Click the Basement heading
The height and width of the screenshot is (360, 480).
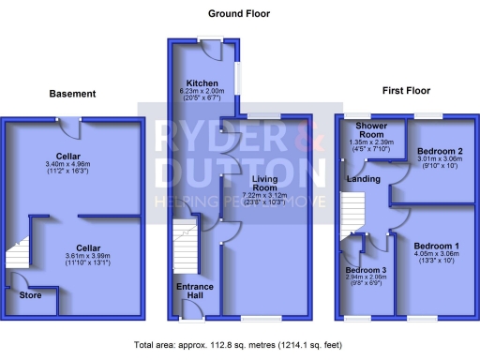click(73, 94)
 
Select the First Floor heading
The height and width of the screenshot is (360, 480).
click(406, 91)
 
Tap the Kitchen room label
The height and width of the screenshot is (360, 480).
click(202, 82)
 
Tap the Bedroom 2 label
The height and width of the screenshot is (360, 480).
click(437, 151)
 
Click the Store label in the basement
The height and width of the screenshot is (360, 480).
click(31, 294)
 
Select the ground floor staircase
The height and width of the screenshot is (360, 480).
click(185, 245)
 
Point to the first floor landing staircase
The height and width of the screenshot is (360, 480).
click(351, 210)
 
